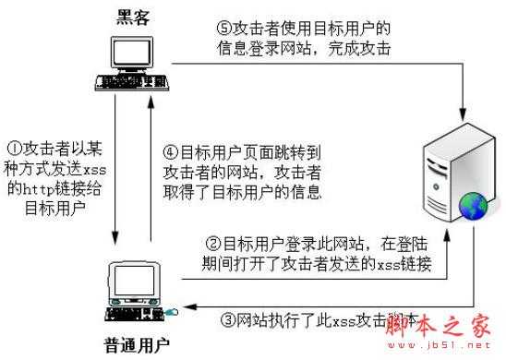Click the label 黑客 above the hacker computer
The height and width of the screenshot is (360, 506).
131,16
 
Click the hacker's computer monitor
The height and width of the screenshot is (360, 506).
128,57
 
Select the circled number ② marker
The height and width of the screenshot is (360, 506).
211,246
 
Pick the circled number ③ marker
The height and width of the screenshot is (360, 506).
228,321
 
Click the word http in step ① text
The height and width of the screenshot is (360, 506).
43,186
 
